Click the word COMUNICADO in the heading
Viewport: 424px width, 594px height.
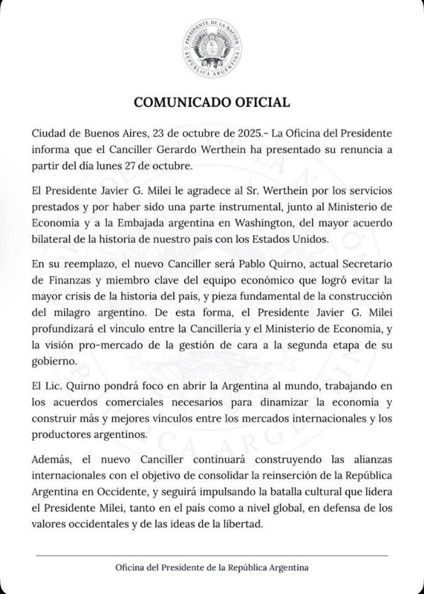[x=179, y=102]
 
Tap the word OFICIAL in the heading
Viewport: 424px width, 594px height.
[x=261, y=102]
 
